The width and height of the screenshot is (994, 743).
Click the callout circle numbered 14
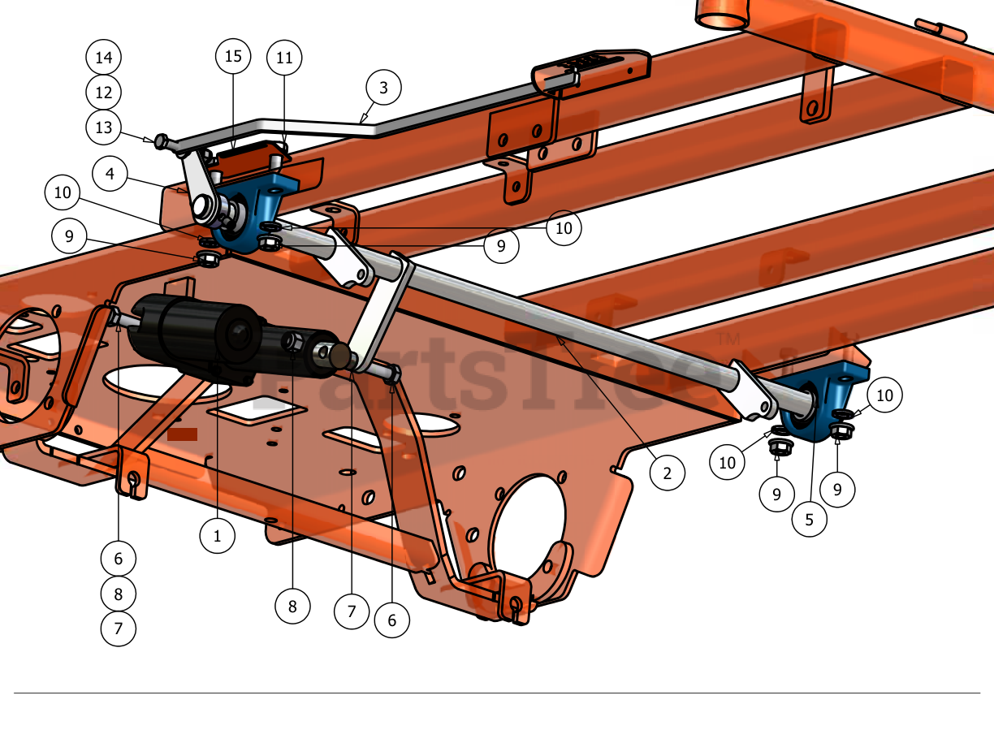coord(103,57)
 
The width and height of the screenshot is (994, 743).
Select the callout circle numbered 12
coord(103,93)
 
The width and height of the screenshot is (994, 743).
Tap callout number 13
coord(103,127)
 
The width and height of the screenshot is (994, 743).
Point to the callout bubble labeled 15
coord(233,56)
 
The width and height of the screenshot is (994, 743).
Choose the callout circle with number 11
coord(284,58)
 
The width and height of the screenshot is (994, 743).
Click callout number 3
coord(383,88)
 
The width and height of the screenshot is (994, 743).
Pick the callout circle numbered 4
coord(110,174)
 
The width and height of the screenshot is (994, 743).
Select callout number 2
coord(667,473)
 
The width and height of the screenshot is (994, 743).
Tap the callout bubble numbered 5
coord(809,520)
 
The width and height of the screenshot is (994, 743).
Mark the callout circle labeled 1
coord(218,536)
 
